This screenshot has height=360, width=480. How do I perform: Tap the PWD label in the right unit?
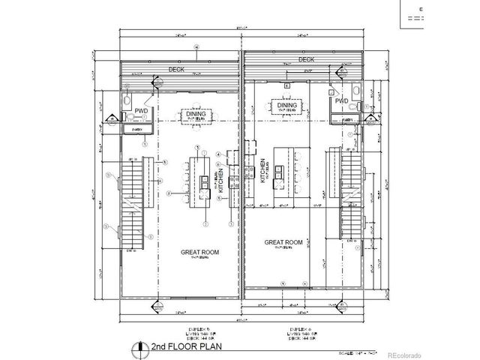tap(341, 100)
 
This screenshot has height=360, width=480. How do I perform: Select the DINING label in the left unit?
tap(199, 114)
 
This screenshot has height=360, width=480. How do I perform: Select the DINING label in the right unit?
tap(287, 106)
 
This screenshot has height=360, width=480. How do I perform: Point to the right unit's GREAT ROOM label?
tap(283, 242)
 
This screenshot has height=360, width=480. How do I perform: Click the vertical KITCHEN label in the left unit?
tap(221, 180)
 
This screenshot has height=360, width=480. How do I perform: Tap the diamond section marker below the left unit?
tap(153, 307)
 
